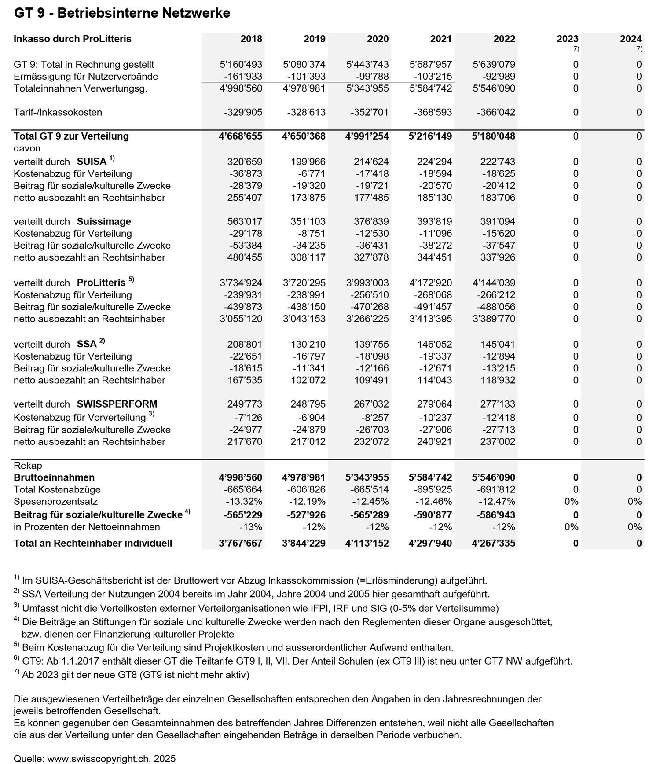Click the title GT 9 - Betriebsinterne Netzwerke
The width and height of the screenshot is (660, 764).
[x=122, y=13]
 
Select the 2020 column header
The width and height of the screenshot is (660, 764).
[x=378, y=39]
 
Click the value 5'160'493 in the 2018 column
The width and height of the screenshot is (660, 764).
[x=241, y=64]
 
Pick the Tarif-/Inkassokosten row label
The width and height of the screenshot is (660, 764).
[x=58, y=112]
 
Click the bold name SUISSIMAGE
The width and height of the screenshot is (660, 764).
[x=104, y=221]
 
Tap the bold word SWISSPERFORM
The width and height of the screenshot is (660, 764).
[x=117, y=404]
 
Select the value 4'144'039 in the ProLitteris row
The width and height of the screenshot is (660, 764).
[x=494, y=283]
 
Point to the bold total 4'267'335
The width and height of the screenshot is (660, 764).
[x=493, y=543]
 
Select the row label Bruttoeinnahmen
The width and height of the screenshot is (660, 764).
[x=54, y=477]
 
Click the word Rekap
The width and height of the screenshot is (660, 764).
[x=28, y=466]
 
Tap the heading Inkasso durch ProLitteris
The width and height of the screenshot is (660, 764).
[x=73, y=39]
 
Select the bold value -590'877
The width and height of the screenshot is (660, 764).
[x=433, y=515]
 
